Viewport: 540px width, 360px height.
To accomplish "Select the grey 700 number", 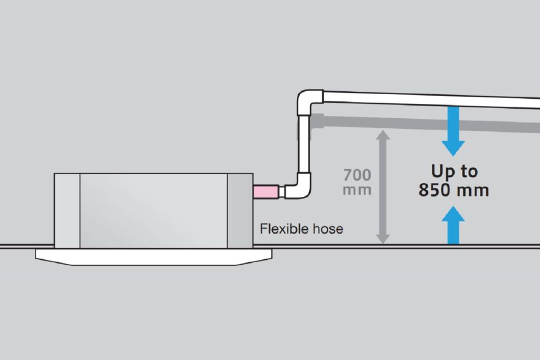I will tap(357, 176).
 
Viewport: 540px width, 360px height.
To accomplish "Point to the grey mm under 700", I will tap(357, 190).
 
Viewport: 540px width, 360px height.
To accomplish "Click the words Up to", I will tap(454, 172).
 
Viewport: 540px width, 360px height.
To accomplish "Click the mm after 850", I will tap(475, 191).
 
